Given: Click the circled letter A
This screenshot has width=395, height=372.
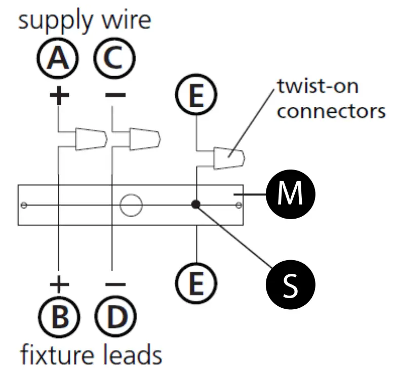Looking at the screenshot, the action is coord(58,58).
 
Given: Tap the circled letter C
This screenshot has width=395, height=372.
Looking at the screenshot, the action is coord(114,58).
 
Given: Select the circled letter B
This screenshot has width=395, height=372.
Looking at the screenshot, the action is coord(59,317).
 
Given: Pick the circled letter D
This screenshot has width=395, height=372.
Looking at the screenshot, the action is coord(116,317).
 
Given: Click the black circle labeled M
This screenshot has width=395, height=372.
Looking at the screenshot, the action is coord(291,194).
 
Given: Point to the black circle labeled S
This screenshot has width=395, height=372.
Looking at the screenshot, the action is coord(291,284).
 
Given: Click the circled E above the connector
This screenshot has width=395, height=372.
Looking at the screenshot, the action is coord(196,95).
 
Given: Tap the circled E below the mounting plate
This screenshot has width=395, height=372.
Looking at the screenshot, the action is coord(196,283).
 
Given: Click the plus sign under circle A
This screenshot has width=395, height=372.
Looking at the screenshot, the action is coord(59,95).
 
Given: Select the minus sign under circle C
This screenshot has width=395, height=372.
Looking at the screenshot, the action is coord(115,95).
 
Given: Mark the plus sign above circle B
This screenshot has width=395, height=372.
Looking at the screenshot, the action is coord(59,284).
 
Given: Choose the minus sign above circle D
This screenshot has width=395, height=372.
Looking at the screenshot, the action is coord(115,284).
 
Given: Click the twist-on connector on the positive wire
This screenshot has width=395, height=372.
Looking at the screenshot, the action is coord(92,139).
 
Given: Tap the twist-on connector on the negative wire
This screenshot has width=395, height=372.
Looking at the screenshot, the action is coord(145,139).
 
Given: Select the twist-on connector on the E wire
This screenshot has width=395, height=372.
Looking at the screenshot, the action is coord(229,158).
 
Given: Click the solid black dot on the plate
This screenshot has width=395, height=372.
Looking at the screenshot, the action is coord(196,204).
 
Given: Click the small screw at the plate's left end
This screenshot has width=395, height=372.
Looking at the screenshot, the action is coord(24,205).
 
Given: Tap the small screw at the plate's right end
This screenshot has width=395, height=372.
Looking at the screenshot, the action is coord(239,205).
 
